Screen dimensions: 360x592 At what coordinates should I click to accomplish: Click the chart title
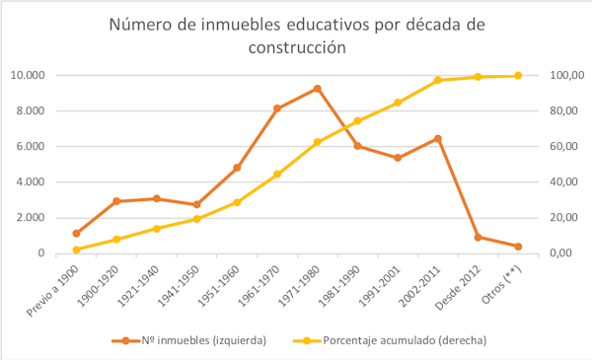click(296, 36)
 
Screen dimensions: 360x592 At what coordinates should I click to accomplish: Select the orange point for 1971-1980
click(317, 89)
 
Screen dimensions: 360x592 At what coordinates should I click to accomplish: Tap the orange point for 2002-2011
click(437, 139)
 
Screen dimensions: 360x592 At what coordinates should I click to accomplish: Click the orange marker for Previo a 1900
click(76, 234)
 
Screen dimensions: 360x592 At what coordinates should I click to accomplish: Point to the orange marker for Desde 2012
click(478, 238)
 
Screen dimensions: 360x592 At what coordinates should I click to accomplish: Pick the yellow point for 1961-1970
click(277, 175)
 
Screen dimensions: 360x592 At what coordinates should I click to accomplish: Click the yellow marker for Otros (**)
click(518, 76)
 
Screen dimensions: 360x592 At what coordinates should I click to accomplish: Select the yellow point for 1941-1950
click(196, 219)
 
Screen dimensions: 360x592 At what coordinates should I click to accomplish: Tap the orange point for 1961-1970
click(277, 108)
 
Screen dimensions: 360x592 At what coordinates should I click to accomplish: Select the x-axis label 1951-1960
click(221, 283)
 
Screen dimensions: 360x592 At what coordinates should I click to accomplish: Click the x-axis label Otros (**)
click(502, 283)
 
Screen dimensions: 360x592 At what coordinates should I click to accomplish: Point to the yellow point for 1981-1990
click(357, 121)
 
